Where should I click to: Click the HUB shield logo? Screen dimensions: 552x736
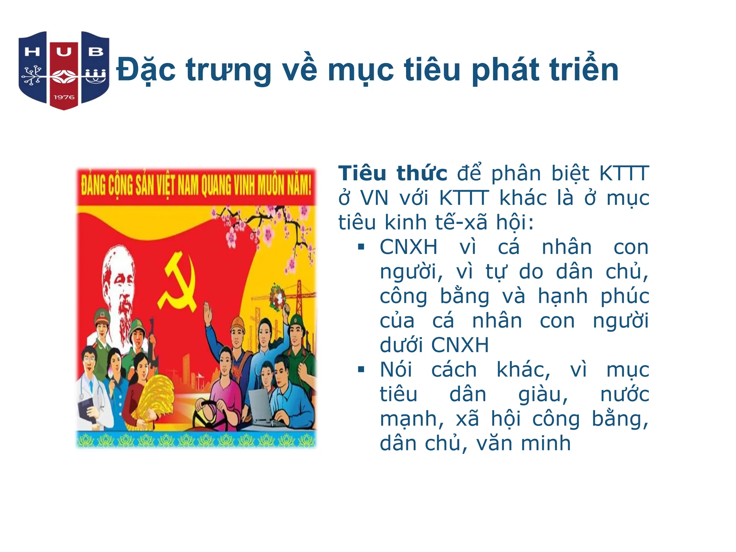coord(64,70)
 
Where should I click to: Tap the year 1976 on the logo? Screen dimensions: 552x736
coord(64,97)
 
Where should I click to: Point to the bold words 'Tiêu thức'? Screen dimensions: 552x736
coord(392,174)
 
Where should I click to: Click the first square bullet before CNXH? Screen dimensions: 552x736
coord(361,247)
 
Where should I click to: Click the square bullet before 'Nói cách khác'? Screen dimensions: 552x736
coord(361,369)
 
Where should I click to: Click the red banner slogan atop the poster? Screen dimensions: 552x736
coord(196,186)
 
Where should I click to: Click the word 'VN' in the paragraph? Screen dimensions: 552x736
coord(374,198)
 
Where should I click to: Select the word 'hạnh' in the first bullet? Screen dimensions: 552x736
coord(563,296)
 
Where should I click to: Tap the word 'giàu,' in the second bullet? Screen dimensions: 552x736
coord(543,394)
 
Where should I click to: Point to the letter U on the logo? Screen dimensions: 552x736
coord(64,52)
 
